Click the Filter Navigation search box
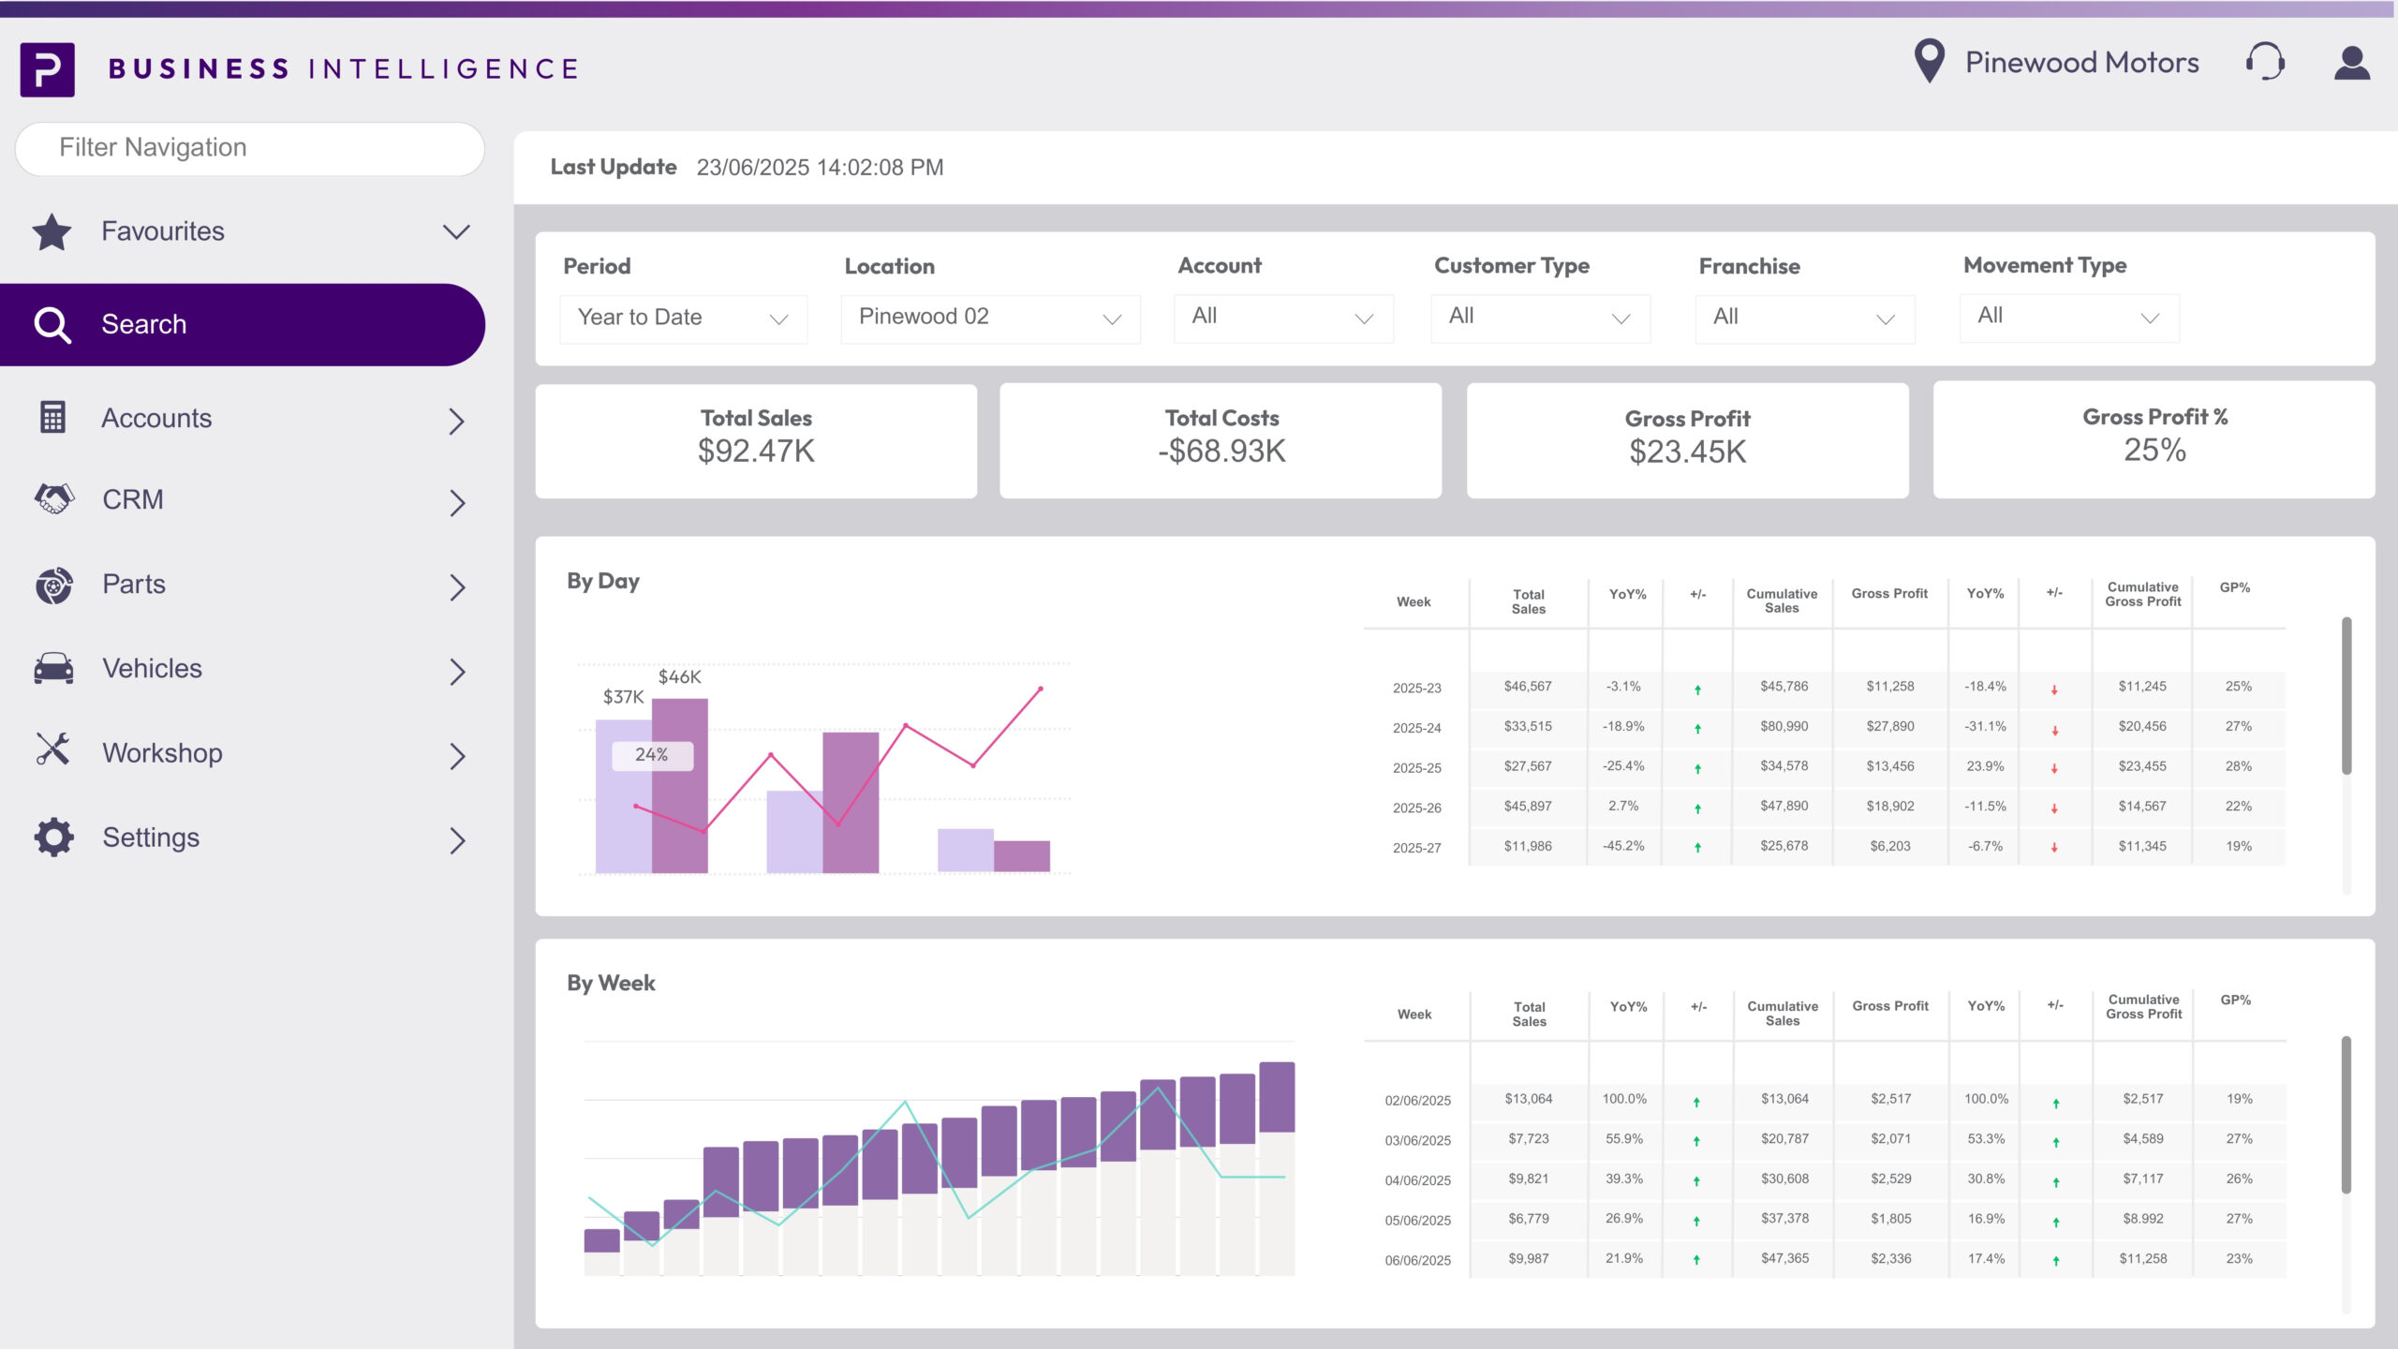(x=249, y=148)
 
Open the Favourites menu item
(x=163, y=231)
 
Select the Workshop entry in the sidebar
(x=162, y=753)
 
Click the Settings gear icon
(x=53, y=838)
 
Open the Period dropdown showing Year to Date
(x=683, y=318)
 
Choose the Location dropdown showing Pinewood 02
(x=990, y=318)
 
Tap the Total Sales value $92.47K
(x=756, y=452)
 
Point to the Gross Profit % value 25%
(x=2154, y=451)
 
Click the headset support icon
(x=2265, y=63)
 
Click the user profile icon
(x=2351, y=63)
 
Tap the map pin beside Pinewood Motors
(x=1929, y=61)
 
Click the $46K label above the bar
(x=679, y=676)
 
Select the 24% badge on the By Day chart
(x=652, y=755)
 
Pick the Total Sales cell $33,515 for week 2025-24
(x=1528, y=726)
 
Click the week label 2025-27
(x=1416, y=848)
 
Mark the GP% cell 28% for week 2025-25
(x=2238, y=766)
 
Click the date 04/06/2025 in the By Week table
(x=1417, y=1180)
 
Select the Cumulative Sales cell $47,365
(x=1784, y=1258)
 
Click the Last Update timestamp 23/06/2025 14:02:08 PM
(x=820, y=168)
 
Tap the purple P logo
(x=48, y=69)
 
